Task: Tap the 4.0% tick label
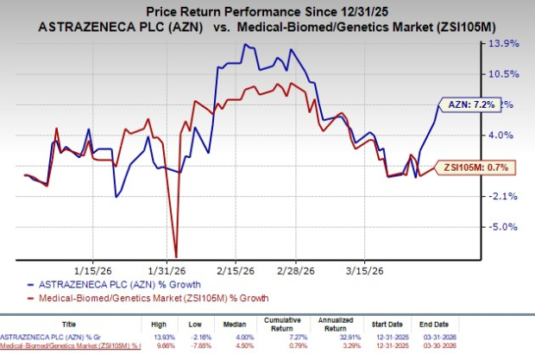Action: click(502, 136)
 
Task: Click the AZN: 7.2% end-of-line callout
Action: click(470, 104)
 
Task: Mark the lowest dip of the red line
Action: click(176, 256)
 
